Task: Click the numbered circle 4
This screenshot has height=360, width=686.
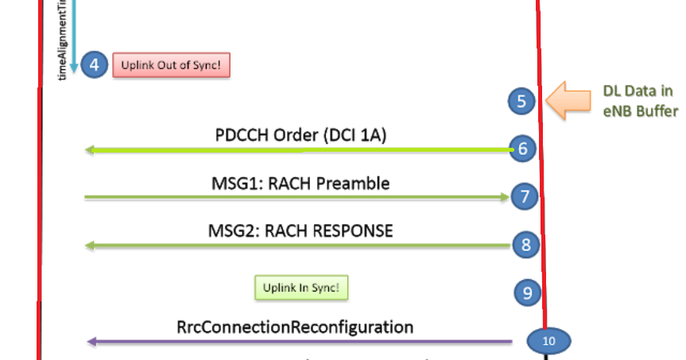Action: (94, 65)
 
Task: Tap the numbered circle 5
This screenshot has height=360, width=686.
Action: (521, 101)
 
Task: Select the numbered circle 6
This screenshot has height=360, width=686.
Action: (522, 149)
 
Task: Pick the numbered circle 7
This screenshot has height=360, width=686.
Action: (524, 196)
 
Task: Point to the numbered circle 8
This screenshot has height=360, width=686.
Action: (525, 245)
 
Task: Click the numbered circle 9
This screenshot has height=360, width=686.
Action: (527, 292)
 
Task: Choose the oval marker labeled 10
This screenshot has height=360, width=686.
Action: (549, 340)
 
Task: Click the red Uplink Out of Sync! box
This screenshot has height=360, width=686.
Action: (171, 65)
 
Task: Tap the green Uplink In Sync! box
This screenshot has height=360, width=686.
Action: (301, 288)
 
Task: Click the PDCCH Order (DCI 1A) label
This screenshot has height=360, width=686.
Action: (300, 135)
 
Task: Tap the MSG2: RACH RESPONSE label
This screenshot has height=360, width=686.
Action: (300, 231)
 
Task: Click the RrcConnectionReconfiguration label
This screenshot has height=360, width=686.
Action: (295, 327)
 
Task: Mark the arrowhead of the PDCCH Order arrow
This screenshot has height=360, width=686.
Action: (91, 149)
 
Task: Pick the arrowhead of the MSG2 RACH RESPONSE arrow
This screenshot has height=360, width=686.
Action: (91, 246)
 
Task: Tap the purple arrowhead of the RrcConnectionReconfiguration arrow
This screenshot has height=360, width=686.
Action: (91, 342)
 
